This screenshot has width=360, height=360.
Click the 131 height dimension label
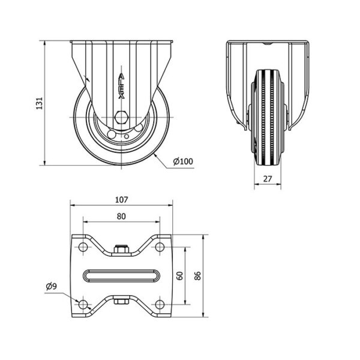point(40,103)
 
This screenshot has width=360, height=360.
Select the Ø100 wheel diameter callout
point(183,161)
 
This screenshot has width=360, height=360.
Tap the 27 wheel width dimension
point(268,179)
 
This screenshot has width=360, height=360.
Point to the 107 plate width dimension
point(121,200)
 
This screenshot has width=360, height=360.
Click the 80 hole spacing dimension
point(121,216)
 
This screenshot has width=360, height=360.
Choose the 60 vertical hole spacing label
point(180,276)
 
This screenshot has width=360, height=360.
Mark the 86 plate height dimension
point(197,276)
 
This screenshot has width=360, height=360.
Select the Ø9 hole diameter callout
point(51,286)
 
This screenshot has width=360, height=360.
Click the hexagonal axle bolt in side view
point(121,118)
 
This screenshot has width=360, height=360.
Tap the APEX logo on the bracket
point(121,86)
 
